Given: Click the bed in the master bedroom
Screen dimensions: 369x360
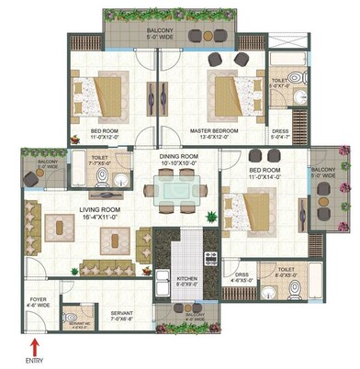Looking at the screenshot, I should tap(225, 94).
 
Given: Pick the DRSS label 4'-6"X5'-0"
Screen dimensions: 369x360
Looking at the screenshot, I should tap(242, 277).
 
